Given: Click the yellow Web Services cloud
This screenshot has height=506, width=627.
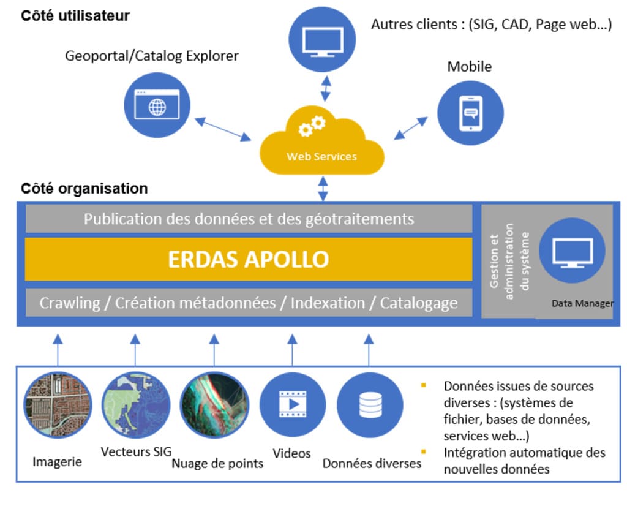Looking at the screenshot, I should point(321,144).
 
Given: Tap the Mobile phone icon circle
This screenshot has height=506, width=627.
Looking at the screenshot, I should point(470,112).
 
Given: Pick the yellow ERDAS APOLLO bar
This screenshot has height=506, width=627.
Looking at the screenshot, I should point(249,259).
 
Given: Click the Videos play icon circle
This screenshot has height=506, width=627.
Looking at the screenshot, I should point(292,404).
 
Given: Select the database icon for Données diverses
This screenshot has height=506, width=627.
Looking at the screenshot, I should point(370,404).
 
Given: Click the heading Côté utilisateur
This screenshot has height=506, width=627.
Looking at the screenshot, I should point(75,16).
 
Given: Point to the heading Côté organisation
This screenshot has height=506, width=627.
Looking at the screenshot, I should point(84,188).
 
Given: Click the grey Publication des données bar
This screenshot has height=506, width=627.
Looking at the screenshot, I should point(249,219).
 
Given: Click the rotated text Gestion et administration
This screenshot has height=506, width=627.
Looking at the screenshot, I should point(508,260).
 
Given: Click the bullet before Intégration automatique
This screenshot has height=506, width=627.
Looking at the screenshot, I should point(423,453).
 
